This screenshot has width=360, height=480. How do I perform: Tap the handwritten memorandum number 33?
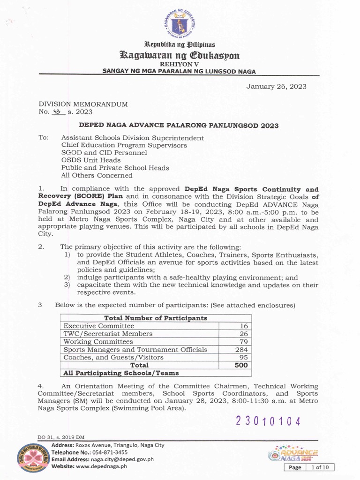pos(57,112)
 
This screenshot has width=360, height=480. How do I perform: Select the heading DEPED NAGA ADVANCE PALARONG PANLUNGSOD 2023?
pos(178,126)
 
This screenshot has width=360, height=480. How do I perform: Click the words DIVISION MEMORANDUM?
pos(83,104)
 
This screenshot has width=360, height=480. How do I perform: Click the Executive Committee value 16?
pos(243,326)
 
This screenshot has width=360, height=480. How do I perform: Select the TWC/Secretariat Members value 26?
pos(243,334)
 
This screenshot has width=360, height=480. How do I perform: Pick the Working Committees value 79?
pos(243,342)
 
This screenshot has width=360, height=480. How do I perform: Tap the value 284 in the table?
pos(242,350)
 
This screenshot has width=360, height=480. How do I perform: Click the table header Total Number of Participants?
pos(156,318)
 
